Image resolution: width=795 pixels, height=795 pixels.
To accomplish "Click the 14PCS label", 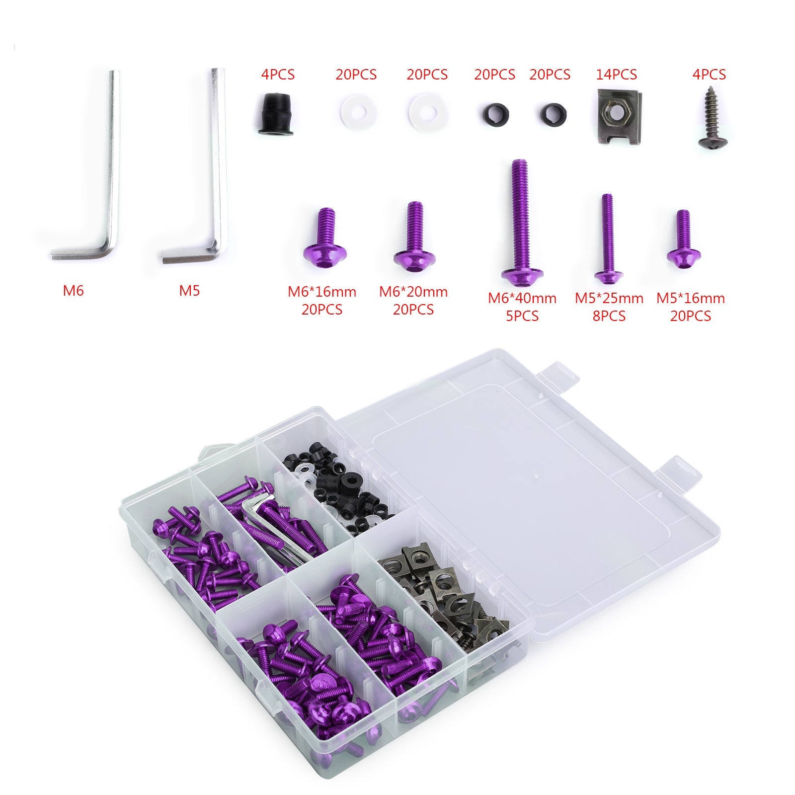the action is tap(616, 75).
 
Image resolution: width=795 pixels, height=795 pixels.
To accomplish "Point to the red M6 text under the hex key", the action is tap(74, 291).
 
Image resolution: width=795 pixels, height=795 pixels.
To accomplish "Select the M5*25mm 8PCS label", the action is tap(609, 307).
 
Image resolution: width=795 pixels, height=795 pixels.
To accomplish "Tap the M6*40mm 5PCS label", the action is tap(522, 307).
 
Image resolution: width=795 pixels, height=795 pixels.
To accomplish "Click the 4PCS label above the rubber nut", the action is tap(278, 75).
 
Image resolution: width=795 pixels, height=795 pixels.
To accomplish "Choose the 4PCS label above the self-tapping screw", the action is tap(709, 75).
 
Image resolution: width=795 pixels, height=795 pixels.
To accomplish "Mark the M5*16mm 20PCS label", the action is tap(691, 307).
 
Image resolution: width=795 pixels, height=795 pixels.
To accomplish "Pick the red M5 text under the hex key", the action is tap(189, 291).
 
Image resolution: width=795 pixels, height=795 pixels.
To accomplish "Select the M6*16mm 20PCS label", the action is tap(322, 301).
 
